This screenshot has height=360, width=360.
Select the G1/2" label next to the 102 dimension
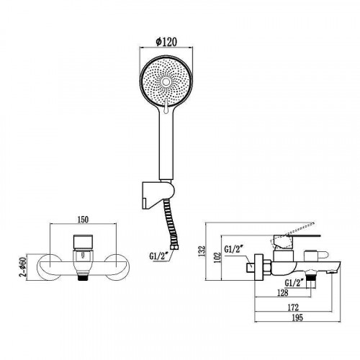tap(235, 250)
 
